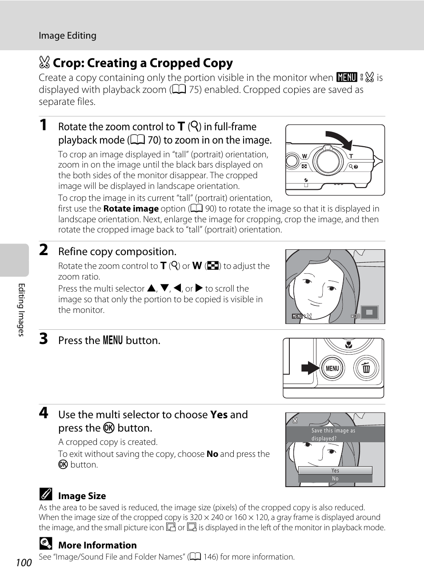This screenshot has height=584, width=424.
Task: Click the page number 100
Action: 24,563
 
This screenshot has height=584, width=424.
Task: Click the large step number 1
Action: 43,125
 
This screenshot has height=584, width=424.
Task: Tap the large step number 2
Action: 43,250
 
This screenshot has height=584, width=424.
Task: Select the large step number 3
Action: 43,339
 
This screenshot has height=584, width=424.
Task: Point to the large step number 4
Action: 43,413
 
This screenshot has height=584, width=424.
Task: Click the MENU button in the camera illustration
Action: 332,368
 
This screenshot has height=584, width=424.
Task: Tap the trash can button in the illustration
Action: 366,368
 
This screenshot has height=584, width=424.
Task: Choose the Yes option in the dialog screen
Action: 335,470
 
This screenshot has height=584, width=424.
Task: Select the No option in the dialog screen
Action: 335,479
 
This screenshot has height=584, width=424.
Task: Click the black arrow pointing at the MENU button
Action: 310,368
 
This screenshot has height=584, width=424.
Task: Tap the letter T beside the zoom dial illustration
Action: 351,156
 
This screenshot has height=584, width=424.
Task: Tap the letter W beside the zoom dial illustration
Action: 304,156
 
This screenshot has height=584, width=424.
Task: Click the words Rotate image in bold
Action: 131,209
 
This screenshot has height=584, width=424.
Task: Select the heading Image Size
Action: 82,496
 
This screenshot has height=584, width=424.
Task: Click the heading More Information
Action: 97,545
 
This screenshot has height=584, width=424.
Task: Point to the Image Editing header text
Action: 68,36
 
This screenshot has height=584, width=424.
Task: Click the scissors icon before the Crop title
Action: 44,63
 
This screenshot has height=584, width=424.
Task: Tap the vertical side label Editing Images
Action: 21,310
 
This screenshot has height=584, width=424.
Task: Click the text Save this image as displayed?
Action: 333,434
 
